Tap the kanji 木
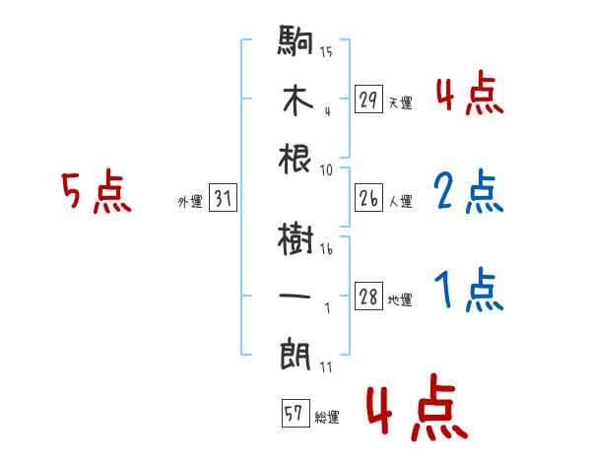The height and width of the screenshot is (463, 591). pos(295,101)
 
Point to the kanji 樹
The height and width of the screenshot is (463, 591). pos(295,237)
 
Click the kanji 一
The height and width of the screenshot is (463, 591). pos(295,294)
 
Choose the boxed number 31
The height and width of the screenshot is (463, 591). pos(223,199)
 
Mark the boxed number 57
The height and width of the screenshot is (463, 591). pos(294,414)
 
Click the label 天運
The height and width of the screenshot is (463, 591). pos(400,102)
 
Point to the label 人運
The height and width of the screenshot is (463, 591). pos(400,202)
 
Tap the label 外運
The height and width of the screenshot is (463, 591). pos(189,202)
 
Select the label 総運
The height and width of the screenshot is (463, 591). pos(326,417)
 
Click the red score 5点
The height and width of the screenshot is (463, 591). pos(96,193)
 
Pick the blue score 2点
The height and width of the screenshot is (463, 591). pos(468,192)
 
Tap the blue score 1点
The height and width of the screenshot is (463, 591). pos(468,292)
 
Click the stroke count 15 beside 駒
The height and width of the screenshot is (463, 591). pos(326,51)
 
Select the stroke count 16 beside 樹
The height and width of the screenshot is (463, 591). pos(326,250)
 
